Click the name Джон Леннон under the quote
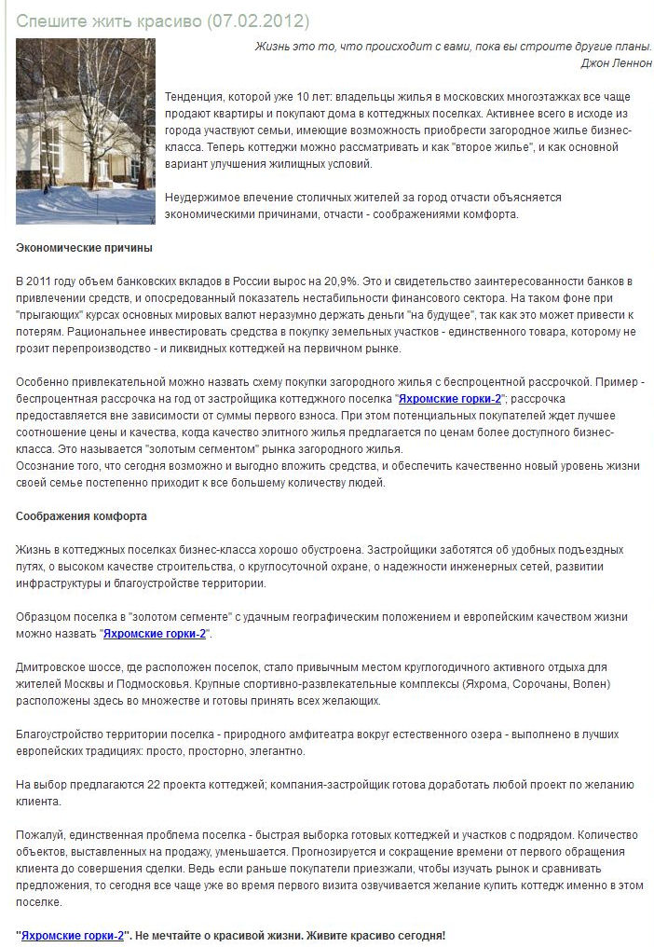coord(616,62)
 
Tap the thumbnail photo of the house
coord(86,130)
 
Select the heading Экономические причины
coord(85,248)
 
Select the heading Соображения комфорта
coord(82,516)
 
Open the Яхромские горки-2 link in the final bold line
coord(73,935)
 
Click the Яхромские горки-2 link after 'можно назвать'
coord(156,634)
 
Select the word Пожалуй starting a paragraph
coord(38,835)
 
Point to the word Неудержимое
coord(204,197)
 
